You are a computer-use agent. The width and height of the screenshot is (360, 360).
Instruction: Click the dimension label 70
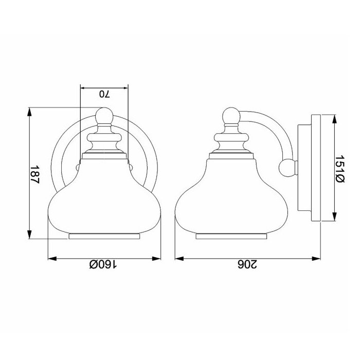pos(104,94)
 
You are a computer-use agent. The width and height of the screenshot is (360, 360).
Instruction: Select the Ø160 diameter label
pos(103,265)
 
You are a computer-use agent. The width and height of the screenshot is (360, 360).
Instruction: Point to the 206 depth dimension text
pos(246,265)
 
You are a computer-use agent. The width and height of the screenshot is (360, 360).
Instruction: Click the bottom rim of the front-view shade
pos(104,236)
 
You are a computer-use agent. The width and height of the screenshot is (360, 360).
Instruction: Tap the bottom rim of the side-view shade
pos(231,236)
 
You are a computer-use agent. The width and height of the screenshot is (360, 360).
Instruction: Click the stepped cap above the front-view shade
pos(104,141)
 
